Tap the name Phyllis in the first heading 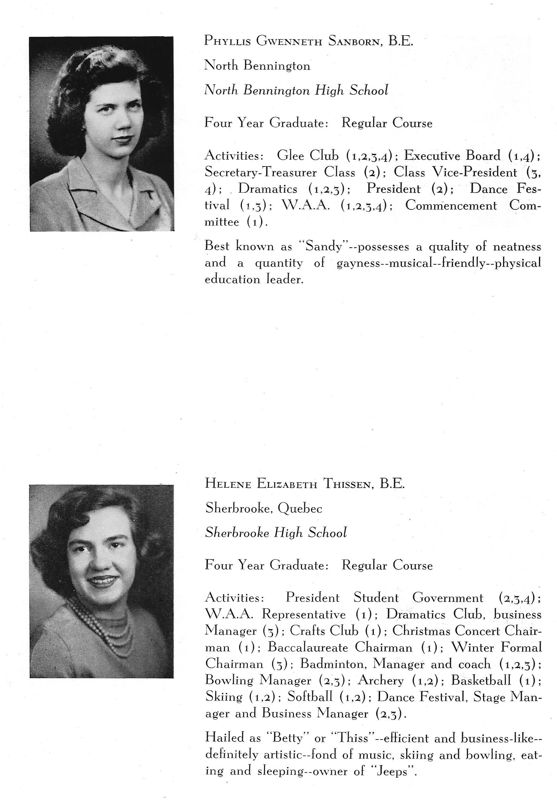tap(227, 41)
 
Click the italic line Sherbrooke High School tap(276, 533)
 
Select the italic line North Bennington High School tap(296, 91)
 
